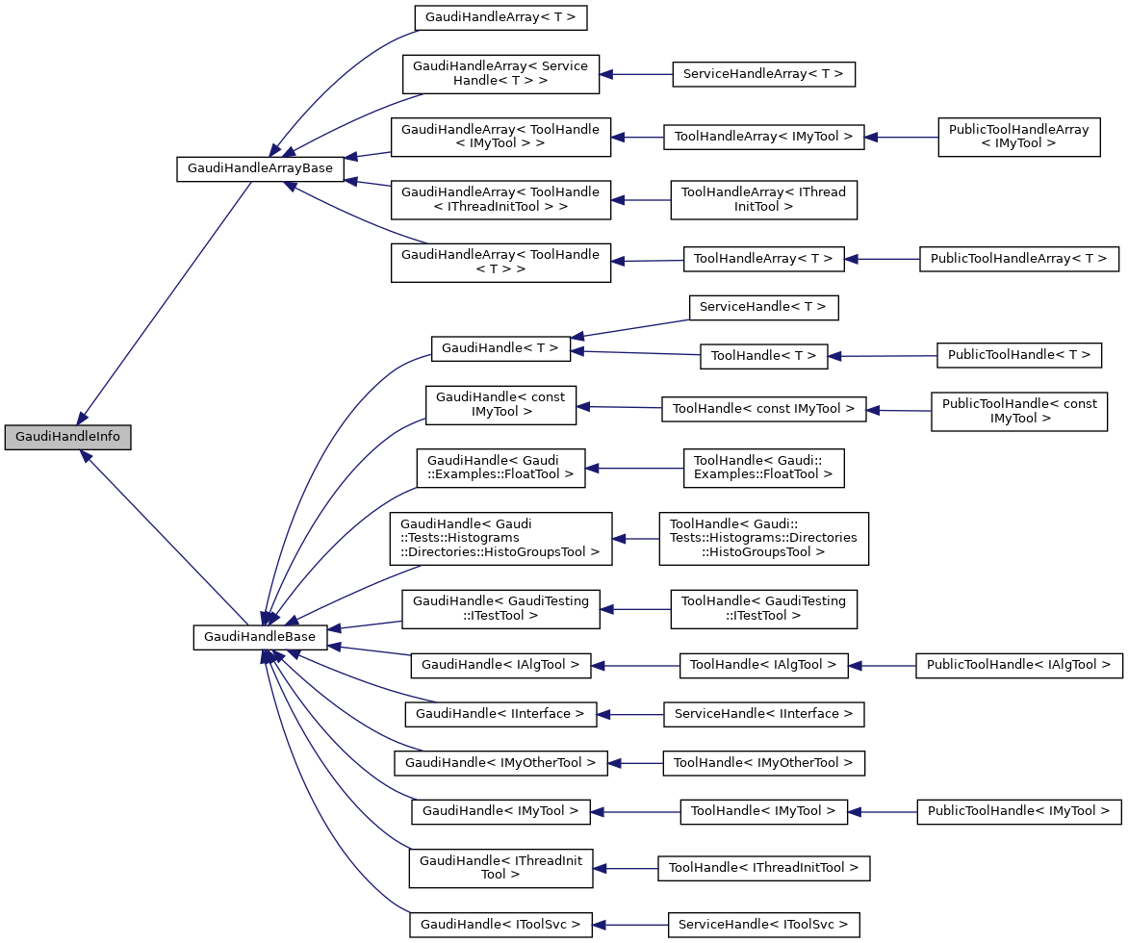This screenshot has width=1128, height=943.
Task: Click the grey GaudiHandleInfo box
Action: tap(67, 437)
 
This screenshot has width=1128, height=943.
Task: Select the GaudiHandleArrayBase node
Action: tap(260, 168)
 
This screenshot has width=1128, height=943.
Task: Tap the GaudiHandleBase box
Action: tap(260, 637)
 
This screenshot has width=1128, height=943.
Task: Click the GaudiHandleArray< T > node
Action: tap(500, 17)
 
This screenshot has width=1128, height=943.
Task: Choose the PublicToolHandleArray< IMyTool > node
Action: tap(1018, 137)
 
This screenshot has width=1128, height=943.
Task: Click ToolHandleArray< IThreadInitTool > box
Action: tap(763, 199)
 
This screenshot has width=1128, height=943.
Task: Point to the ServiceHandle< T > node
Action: tap(763, 307)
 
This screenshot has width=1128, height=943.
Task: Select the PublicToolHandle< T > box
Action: tap(1018, 355)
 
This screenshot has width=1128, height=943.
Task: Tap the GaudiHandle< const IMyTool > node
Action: tap(500, 404)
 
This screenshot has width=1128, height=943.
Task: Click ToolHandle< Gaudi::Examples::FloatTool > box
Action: tap(763, 467)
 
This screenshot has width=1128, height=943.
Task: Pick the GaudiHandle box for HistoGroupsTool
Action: tap(500, 538)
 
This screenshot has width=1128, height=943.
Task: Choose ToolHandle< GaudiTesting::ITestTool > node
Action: tap(763, 609)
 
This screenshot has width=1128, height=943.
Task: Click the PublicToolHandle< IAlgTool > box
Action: tap(1018, 664)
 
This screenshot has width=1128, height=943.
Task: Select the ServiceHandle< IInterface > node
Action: tap(763, 714)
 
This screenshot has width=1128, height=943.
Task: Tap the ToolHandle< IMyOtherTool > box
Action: tap(763, 763)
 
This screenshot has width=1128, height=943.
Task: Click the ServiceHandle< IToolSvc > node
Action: tap(763, 925)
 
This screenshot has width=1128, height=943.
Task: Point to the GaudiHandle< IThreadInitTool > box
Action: tap(500, 868)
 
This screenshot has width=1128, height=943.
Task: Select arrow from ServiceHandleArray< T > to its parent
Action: tap(635, 74)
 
